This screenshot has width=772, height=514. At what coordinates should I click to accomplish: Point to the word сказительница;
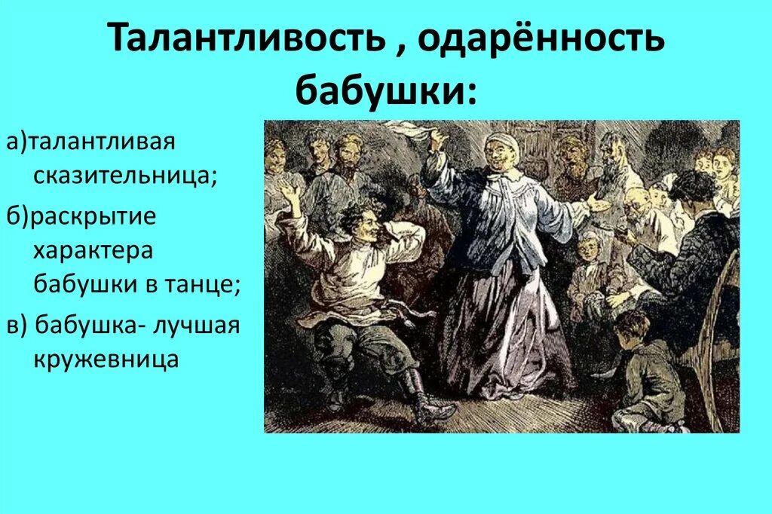tap(125, 176)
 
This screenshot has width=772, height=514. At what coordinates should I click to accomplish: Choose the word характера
tap(93, 250)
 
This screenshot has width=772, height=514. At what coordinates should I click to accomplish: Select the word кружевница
tap(106, 359)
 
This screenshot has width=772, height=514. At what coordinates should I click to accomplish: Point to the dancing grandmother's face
tap(499, 154)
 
